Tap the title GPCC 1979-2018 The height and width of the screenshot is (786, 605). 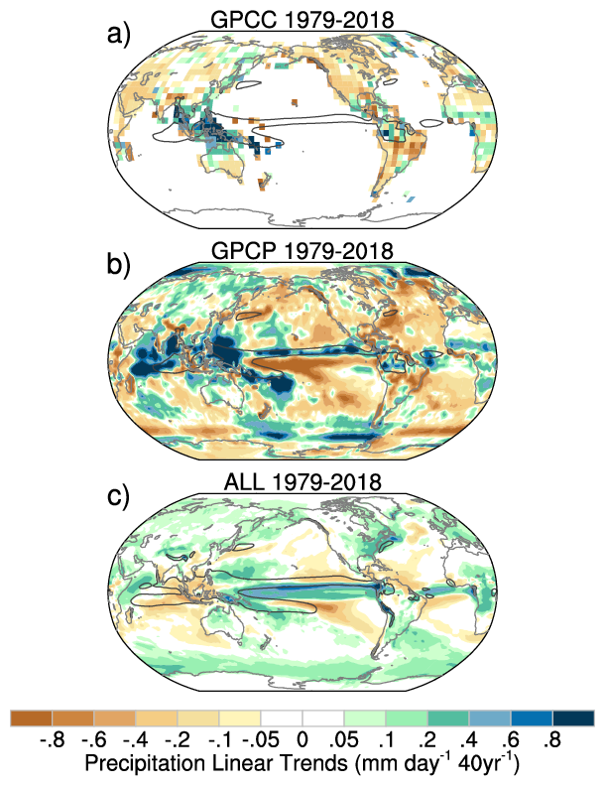coord(302,19)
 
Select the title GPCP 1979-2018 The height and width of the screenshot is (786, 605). coord(302,248)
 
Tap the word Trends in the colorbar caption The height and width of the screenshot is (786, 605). coord(328,765)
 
